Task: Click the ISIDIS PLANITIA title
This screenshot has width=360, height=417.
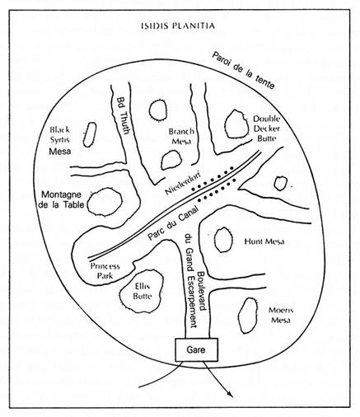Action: (x=178, y=26)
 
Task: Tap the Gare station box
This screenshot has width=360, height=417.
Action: (x=196, y=349)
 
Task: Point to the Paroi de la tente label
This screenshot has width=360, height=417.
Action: (x=243, y=70)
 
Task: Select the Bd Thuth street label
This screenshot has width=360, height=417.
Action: (x=123, y=115)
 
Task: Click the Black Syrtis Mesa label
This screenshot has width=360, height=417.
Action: (x=60, y=140)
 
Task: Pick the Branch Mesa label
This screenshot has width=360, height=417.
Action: (x=181, y=136)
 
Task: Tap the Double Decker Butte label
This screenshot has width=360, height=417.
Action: (x=267, y=129)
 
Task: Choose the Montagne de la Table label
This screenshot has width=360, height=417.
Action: (x=61, y=199)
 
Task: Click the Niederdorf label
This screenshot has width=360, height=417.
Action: (x=183, y=183)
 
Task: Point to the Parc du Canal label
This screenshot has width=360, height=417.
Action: (x=172, y=223)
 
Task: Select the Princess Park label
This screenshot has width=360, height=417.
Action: (x=105, y=271)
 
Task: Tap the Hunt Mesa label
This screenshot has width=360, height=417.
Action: (x=264, y=241)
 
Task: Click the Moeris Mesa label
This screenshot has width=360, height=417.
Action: (x=281, y=315)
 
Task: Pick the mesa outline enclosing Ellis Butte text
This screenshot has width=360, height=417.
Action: (x=120, y=295)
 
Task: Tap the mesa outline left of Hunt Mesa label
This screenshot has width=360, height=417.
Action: (x=214, y=239)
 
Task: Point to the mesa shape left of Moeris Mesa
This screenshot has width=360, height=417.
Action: (x=239, y=316)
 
